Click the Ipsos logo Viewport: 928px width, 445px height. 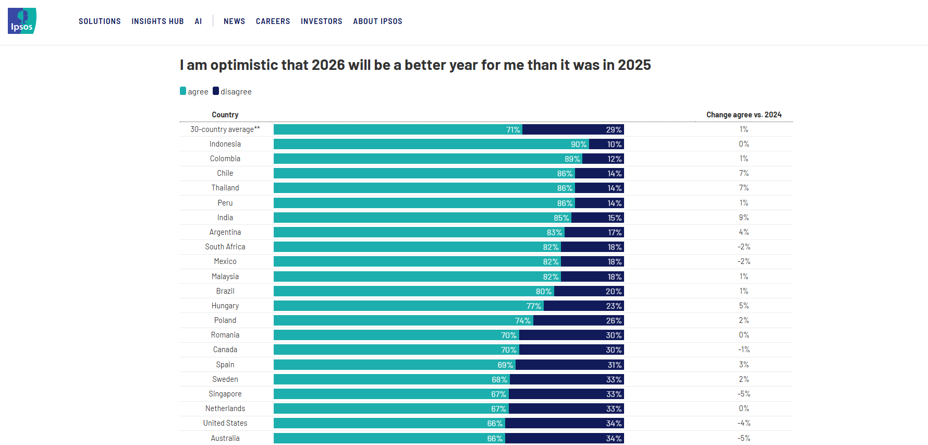[22, 21]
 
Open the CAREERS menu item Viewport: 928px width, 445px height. [273, 21]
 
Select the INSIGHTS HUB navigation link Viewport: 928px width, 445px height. [157, 21]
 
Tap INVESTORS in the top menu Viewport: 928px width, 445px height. [321, 21]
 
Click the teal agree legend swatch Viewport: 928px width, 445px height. [183, 91]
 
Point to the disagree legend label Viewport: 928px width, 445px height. [236, 92]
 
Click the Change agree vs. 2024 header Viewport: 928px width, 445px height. [743, 115]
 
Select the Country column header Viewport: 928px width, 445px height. [225, 115]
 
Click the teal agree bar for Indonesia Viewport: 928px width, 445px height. [417, 144]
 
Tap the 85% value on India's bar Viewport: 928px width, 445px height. [561, 218]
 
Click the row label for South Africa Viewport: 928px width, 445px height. [225, 247]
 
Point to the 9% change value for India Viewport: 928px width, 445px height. [743, 218]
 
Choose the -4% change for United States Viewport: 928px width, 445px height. [743, 423]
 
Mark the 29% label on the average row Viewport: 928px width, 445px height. [613, 129]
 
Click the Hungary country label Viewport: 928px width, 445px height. [225, 306]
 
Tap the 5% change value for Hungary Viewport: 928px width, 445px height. [743, 306]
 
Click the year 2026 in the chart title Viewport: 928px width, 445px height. [328, 65]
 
